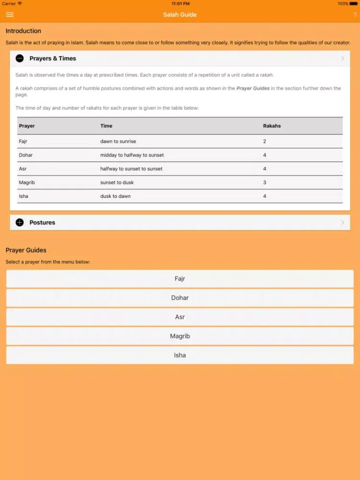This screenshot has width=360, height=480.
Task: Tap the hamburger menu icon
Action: tap(10, 14)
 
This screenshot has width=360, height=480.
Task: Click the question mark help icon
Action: tap(355, 15)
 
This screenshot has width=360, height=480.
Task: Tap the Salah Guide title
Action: tap(180, 14)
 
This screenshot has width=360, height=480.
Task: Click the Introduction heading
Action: tap(23, 31)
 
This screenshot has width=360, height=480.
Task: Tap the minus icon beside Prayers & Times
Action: tap(19, 59)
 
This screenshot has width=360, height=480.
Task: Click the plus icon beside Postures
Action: tap(19, 222)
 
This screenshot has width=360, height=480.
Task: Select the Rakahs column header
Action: tap(272, 126)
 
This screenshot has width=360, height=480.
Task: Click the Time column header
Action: tap(106, 126)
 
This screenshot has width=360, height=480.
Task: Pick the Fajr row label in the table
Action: tap(23, 142)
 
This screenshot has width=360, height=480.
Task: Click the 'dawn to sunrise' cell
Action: tap(118, 142)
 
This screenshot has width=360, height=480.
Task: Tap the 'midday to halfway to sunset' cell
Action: tap(132, 155)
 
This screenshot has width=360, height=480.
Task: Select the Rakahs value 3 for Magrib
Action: tap(264, 182)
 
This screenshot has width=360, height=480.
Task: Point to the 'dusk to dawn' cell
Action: tap(115, 196)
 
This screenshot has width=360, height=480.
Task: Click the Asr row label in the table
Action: tap(22, 169)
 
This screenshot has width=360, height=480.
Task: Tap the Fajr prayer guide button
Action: tap(180, 278)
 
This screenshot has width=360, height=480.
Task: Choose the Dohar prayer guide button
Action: tap(180, 298)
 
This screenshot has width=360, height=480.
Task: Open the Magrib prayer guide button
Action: tap(180, 336)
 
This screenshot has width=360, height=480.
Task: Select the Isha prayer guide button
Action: tap(180, 355)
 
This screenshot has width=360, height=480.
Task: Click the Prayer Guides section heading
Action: tap(26, 250)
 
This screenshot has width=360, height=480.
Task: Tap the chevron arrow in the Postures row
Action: tap(342, 222)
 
